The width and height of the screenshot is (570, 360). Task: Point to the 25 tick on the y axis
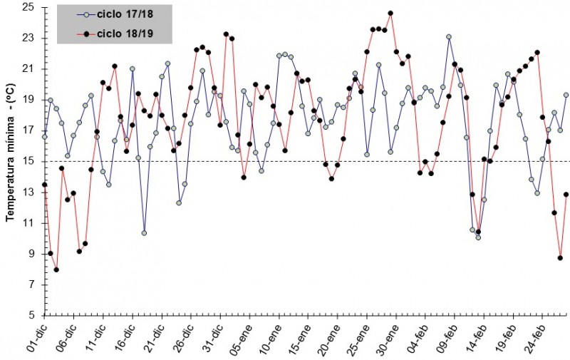tap(29, 7)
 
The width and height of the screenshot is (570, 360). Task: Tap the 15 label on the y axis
tap(29, 161)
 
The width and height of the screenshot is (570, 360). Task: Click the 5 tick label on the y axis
tap(32, 315)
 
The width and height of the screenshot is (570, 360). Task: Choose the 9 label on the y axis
tap(32, 254)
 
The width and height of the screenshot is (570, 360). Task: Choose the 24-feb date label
tap(533, 338)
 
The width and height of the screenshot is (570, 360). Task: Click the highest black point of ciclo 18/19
tap(390, 13)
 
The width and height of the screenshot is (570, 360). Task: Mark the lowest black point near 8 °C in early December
tap(56, 269)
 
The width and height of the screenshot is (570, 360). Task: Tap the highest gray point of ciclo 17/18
tap(449, 36)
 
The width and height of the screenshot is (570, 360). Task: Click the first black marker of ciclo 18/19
tap(44, 185)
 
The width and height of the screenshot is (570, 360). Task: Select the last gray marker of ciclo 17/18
tap(566, 95)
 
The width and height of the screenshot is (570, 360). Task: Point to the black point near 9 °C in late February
tap(560, 258)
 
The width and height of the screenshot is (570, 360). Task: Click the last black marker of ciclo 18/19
tap(566, 194)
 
